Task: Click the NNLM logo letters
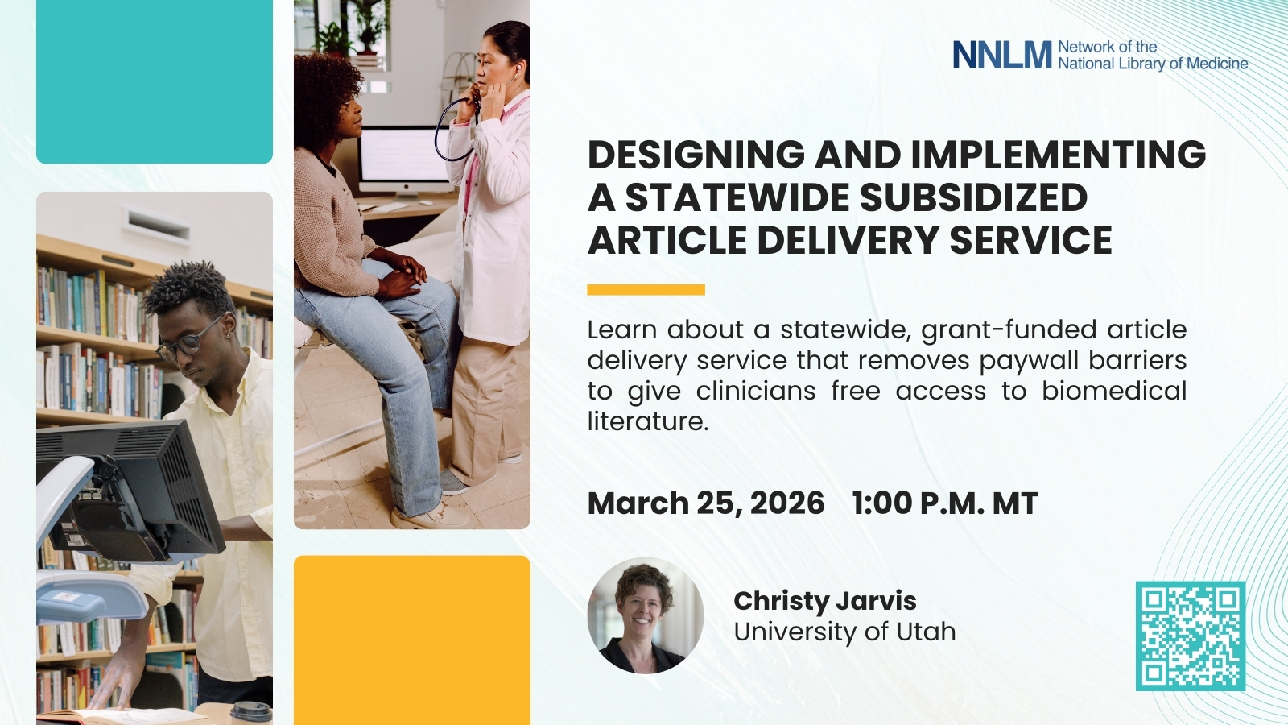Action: point(1002,56)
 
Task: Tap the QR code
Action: point(1191,636)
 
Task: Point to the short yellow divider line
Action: point(646,289)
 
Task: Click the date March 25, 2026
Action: point(706,503)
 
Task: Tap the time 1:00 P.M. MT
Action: point(945,503)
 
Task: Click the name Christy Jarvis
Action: point(824,601)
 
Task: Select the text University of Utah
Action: point(844,632)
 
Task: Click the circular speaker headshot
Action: point(645,615)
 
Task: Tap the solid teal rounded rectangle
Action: point(154,81)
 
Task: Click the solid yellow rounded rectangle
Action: point(411,640)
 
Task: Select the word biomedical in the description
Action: point(1114,390)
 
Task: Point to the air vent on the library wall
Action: point(156,225)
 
